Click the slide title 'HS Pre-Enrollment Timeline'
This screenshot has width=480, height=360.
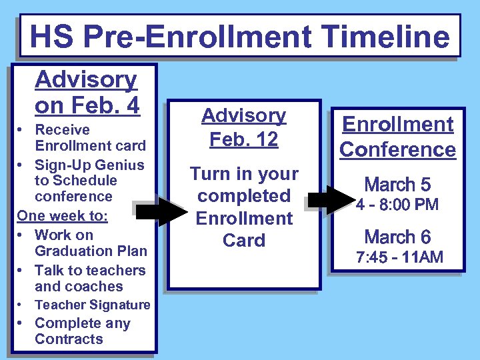pos(239,36)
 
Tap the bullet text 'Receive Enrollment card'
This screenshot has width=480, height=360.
pos(89,137)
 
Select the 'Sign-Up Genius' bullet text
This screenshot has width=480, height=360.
pos(89,180)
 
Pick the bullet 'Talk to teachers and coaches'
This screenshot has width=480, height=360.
pos(89,278)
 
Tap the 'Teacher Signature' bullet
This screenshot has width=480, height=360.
pos(92,305)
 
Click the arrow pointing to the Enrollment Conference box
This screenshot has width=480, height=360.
pos(331,199)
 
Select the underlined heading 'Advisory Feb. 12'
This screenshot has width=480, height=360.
pos(244,127)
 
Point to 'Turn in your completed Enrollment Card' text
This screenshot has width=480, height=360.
pos(244,207)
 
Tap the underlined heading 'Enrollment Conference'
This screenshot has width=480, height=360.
pos(397,137)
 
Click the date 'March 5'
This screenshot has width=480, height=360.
pos(397,184)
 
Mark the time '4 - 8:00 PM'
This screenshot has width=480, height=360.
pos(397,205)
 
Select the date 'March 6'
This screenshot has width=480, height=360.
pos(397,237)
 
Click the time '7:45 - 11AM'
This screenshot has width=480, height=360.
pos(399,257)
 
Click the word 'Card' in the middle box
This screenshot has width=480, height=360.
pos(244,240)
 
